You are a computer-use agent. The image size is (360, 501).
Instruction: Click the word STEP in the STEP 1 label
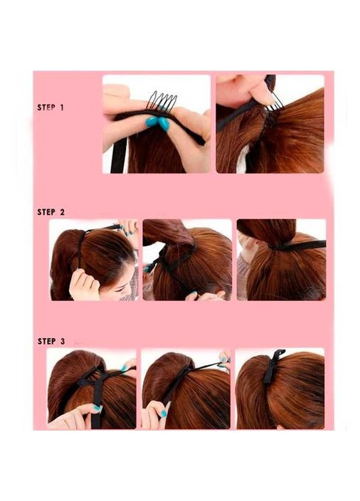[x=46, y=107]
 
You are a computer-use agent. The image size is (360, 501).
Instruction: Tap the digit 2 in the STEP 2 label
[x=62, y=212]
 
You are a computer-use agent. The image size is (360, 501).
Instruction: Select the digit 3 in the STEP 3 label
[x=62, y=342]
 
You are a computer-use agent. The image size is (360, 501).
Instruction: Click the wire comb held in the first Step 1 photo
[x=162, y=100]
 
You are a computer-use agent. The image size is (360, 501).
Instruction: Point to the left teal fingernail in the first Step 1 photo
[x=152, y=121]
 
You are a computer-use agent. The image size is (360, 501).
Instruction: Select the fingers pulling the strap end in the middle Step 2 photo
[x=204, y=296]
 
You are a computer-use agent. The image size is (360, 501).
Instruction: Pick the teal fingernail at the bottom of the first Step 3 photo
[x=97, y=408]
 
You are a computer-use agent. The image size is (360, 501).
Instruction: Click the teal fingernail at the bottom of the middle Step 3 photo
[x=164, y=413]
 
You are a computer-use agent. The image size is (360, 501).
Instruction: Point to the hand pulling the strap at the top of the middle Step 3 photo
[x=224, y=359]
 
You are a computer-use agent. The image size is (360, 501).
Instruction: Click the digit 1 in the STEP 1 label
[x=62, y=107]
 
